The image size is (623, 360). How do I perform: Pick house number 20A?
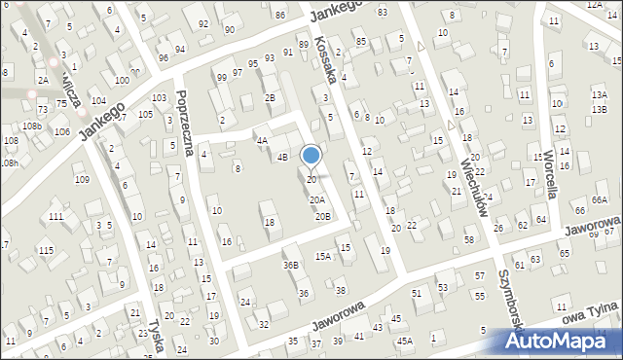tap(317, 199)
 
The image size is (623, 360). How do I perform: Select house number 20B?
tap(322, 216)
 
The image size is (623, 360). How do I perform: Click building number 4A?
tap(262, 140)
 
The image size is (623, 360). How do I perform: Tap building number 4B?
tap(282, 157)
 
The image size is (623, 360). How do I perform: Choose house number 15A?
tap(323, 256)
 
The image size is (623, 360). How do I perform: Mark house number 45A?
tap(404, 341)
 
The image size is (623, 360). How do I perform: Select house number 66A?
tap(600, 199)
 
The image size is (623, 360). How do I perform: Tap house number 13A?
tap(599, 94)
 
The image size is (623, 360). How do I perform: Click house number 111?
tap(56, 215)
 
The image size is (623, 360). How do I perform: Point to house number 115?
tap(46, 251)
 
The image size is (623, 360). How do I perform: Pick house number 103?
tap(159, 98)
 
